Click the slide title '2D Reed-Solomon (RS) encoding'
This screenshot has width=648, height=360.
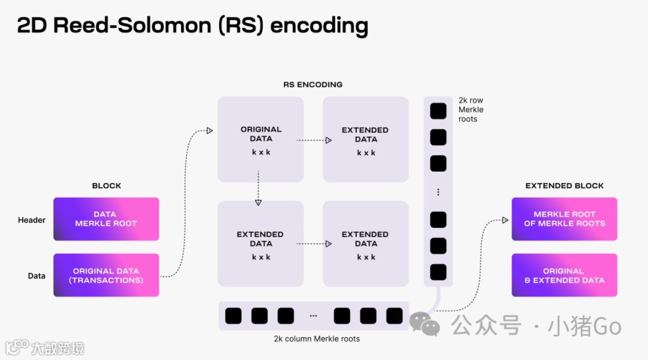coord(192,26)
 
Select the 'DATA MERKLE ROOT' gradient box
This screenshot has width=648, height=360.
coord(106,219)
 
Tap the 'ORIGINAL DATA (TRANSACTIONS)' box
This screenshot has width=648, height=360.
coord(106,275)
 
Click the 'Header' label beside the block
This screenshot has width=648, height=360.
coord(32,220)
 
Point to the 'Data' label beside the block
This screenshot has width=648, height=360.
coord(37,276)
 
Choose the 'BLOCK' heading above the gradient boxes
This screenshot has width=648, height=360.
coord(107,185)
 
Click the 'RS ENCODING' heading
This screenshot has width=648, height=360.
coord(313,85)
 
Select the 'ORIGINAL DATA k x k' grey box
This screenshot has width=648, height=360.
coord(260,140)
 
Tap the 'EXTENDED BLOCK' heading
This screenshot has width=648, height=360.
coord(565,185)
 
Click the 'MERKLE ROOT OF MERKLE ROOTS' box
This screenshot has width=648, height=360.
coord(564,219)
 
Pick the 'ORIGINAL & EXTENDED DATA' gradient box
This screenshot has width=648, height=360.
coord(564,275)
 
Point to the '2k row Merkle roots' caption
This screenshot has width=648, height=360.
coord(470,110)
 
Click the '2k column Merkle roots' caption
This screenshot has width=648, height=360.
coord(317,338)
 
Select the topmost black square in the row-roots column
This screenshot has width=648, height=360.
coord(439,111)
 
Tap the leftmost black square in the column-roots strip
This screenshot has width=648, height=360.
coord(233,316)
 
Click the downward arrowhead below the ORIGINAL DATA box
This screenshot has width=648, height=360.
coord(258,202)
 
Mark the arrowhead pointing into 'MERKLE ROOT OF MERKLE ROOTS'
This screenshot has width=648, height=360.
coord(505,220)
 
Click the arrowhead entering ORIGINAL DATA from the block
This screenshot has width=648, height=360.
coord(209,130)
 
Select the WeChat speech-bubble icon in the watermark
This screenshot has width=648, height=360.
coord(424,323)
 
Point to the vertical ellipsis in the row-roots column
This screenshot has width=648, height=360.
coord(439,192)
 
